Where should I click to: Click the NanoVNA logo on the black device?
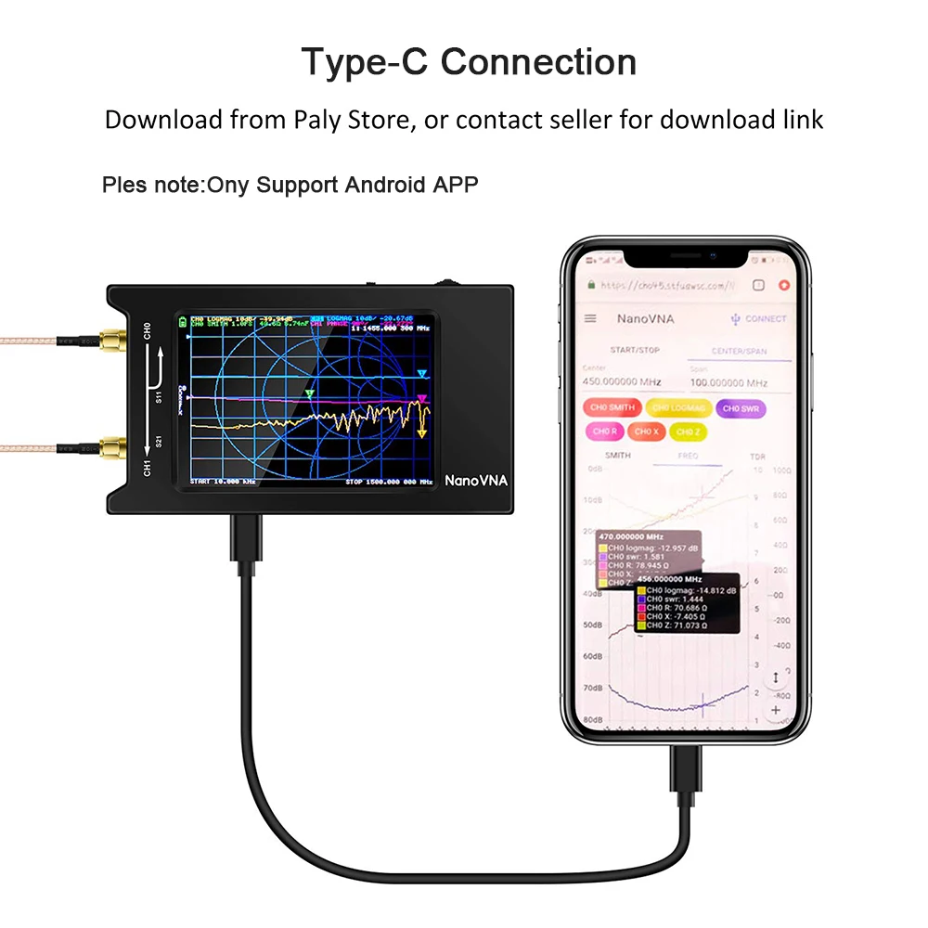476,481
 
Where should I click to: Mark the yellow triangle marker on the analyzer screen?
423,432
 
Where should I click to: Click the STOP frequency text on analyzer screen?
389,482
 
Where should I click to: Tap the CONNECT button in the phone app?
758,318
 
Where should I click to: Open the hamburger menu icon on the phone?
590,318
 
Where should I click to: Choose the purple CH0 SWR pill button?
741,407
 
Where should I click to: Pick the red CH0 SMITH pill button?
610,407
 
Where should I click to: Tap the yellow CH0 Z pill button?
686,432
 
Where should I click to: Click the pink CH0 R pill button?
604,432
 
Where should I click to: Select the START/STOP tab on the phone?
635,350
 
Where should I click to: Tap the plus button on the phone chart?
776,711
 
